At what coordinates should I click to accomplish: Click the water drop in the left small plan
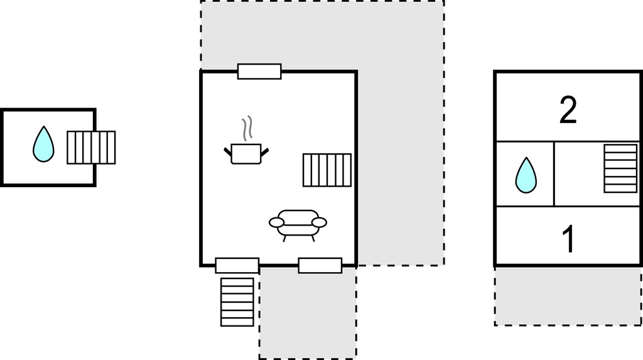(43, 144)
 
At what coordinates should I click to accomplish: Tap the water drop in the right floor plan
(526, 175)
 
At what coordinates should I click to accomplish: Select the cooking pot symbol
(246, 153)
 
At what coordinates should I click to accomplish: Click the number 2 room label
(568, 109)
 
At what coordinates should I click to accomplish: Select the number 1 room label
(569, 239)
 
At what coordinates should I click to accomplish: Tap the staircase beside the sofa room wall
(327, 170)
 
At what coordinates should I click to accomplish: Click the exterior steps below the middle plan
(237, 302)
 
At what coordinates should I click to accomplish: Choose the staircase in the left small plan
(91, 148)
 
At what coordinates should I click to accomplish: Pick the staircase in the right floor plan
(620, 168)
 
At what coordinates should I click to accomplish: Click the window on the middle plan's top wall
(259, 72)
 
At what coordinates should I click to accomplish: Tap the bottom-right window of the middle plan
(320, 266)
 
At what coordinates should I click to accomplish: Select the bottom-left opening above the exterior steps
(237, 266)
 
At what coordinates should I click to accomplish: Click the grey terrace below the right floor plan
(568, 296)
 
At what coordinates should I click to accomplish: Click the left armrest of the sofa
(276, 222)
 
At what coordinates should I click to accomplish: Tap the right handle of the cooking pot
(265, 152)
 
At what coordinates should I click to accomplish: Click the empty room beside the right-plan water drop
(578, 174)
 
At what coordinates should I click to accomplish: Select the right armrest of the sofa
(320, 222)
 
